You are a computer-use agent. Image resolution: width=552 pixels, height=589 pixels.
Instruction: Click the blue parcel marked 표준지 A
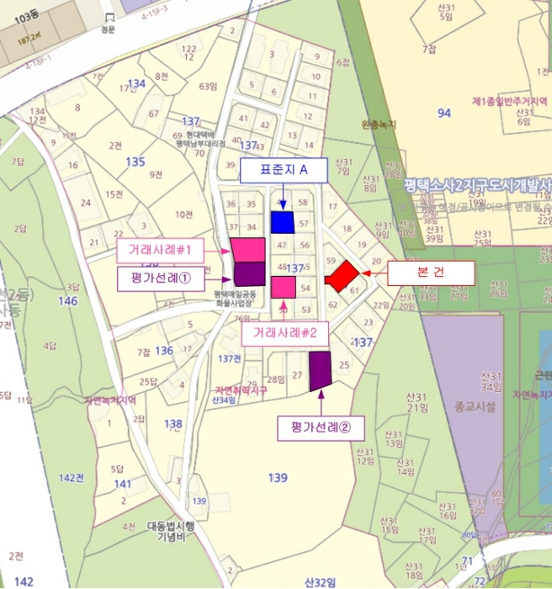[x=283, y=222]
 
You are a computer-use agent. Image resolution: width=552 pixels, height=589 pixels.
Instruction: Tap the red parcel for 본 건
[x=342, y=275]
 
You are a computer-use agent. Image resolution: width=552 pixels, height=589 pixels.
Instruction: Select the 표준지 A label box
[x=282, y=170]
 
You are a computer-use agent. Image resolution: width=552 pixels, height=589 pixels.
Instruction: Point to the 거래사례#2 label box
[x=284, y=332]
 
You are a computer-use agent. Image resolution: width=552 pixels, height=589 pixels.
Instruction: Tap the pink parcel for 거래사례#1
[x=248, y=249]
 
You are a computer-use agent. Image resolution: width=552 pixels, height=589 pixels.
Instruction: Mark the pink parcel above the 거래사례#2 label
[x=284, y=287]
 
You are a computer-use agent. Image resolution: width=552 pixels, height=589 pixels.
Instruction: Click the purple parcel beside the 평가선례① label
[x=249, y=273]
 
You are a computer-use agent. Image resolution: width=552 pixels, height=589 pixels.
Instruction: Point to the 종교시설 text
[x=475, y=406]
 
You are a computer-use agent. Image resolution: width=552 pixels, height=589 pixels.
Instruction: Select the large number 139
[x=277, y=478]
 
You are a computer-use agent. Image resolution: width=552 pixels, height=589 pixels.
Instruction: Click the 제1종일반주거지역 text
[x=509, y=101]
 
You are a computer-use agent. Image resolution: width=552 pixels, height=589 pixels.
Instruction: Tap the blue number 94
[x=444, y=112]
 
